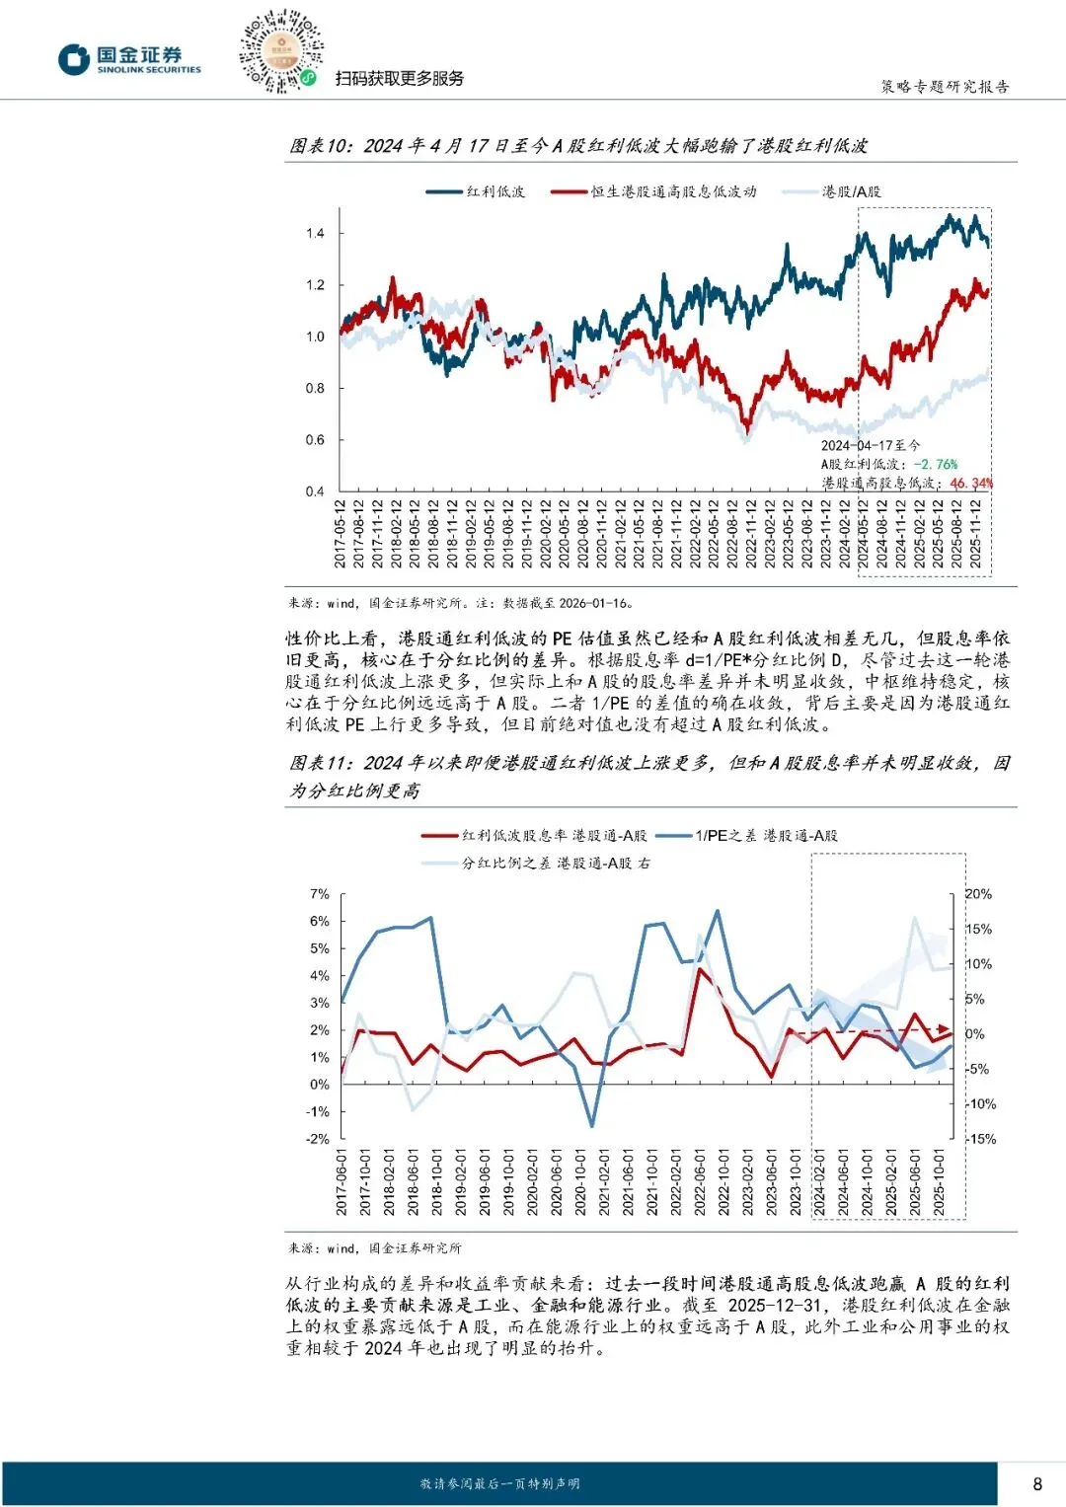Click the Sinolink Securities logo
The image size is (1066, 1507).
click(129, 60)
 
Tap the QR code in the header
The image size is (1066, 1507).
click(280, 52)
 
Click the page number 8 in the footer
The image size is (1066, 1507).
click(1036, 1483)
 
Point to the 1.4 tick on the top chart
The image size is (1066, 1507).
click(315, 234)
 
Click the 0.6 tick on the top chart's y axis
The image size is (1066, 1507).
click(315, 440)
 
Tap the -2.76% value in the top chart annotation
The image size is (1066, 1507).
click(935, 464)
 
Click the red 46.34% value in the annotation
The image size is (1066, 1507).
click(970, 483)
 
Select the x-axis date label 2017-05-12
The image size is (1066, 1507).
click(342, 534)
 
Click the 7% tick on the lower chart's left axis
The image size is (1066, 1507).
click(320, 894)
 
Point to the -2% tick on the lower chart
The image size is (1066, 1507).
click(318, 1139)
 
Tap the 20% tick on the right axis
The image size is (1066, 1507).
click(978, 894)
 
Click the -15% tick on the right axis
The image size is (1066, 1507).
click(980, 1139)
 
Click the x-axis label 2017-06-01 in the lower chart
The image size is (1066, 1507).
click(342, 1181)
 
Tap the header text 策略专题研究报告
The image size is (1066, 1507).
click(945, 87)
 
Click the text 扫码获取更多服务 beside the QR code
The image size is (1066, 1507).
click(400, 78)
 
